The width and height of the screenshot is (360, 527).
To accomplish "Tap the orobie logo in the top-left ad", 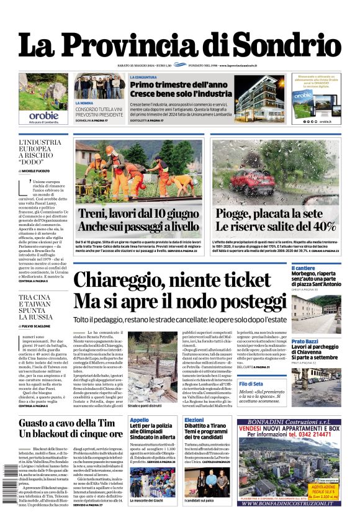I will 43,115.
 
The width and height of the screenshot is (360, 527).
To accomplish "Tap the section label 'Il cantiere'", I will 304,268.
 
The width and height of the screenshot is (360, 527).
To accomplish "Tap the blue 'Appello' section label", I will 140,420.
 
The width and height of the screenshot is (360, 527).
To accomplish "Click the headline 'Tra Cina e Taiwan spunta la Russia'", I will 40,307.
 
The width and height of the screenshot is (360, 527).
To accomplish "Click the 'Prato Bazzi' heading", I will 305,341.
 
